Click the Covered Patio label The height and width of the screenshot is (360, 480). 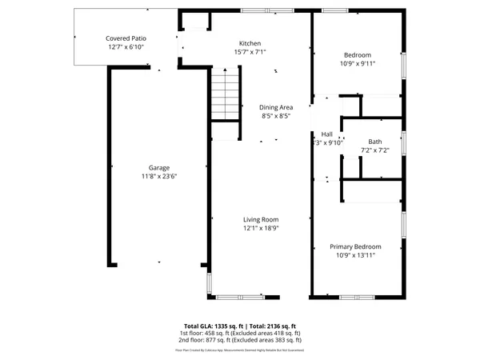(126, 38)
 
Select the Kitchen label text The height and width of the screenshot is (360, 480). (250, 43)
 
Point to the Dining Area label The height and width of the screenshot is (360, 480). (274, 107)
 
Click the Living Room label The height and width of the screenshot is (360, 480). (261, 219)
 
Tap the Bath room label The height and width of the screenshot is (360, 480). (374, 142)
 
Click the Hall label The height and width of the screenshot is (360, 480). (326, 134)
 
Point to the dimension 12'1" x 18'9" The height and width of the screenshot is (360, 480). (261, 227)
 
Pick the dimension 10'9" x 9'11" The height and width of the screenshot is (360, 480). (357, 63)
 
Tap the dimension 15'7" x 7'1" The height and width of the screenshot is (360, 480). (250, 52)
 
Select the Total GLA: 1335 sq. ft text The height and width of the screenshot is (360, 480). (212, 326)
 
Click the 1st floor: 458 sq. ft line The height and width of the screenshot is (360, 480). (240, 334)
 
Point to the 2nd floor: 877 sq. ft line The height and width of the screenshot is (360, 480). (240, 341)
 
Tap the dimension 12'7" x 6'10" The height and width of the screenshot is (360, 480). (126, 46)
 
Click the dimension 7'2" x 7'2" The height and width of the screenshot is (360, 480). (374, 150)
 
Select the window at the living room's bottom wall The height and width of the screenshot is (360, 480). (241, 298)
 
